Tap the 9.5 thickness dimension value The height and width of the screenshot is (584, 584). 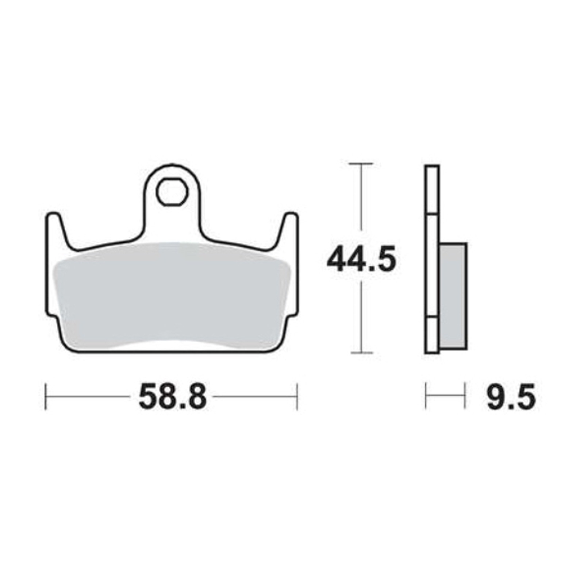pos(511,397)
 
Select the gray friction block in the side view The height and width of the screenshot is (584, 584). pos(453,295)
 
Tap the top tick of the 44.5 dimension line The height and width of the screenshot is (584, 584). pos(361,164)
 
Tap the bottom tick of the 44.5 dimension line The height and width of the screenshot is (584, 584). pos(361,353)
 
